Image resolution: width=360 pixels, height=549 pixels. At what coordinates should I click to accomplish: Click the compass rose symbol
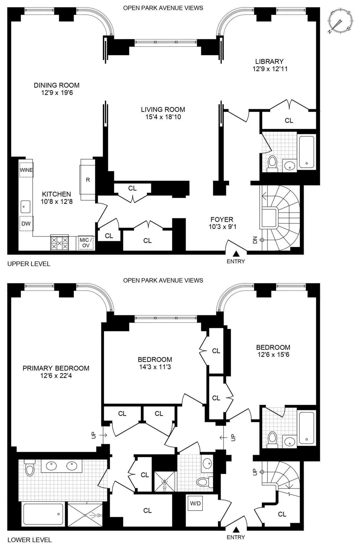click(340, 22)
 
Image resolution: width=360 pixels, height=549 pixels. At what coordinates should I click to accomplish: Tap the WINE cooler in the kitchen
click(26, 170)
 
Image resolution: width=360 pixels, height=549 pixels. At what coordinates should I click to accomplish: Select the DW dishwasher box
click(26, 223)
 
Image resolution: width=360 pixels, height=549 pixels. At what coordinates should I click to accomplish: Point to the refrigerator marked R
click(88, 180)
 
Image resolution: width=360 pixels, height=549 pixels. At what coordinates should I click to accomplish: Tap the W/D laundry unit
click(195, 503)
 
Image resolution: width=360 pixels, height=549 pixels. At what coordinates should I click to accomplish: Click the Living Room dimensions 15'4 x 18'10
click(163, 117)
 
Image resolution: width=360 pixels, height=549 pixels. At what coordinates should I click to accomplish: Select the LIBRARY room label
click(269, 62)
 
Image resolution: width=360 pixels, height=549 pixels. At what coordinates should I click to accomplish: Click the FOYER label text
click(222, 219)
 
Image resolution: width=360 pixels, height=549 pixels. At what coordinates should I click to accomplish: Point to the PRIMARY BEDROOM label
click(56, 368)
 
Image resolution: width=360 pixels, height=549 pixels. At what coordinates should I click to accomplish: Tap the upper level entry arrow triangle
click(236, 253)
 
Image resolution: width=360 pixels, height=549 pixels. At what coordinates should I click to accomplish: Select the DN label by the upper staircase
click(255, 240)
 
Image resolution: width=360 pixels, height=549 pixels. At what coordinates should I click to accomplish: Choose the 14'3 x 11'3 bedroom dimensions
click(155, 367)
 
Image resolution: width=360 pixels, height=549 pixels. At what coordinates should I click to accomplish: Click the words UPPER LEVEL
click(29, 264)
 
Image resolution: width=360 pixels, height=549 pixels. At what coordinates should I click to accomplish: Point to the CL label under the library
click(289, 120)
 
